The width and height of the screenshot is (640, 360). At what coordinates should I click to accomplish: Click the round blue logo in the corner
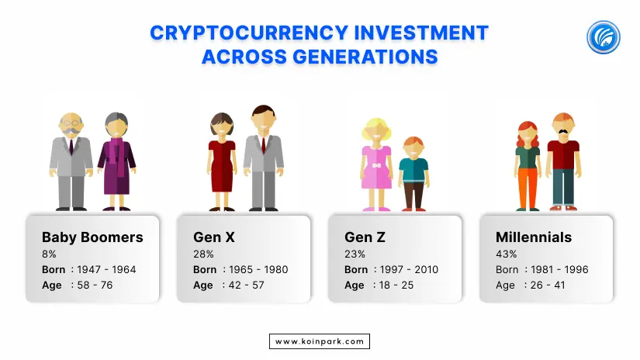(604, 37)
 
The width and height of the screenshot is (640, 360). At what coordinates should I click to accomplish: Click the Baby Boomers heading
(92, 237)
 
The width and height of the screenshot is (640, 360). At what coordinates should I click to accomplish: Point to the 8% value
(49, 254)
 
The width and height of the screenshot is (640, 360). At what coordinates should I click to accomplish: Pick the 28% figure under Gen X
(203, 254)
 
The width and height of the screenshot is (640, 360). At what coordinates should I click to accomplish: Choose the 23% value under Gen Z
(355, 254)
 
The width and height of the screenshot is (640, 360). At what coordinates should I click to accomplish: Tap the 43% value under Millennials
(506, 254)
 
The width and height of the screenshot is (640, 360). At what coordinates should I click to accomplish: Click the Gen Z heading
(365, 237)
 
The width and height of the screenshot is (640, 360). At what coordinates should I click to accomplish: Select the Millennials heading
(534, 237)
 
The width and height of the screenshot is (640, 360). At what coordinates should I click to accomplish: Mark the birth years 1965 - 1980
(258, 269)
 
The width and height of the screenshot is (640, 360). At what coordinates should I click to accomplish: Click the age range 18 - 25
(396, 285)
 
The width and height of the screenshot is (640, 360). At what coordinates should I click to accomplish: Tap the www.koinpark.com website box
(320, 341)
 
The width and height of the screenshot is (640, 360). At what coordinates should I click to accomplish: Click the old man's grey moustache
(71, 131)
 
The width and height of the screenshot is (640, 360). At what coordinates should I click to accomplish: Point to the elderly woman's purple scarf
(118, 155)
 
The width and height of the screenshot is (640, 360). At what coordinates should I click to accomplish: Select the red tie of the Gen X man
(263, 145)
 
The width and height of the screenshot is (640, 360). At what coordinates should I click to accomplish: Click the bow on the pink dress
(376, 165)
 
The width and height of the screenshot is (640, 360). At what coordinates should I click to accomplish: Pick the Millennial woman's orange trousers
(528, 188)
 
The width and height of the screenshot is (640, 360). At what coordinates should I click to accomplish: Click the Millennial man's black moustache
(563, 131)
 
